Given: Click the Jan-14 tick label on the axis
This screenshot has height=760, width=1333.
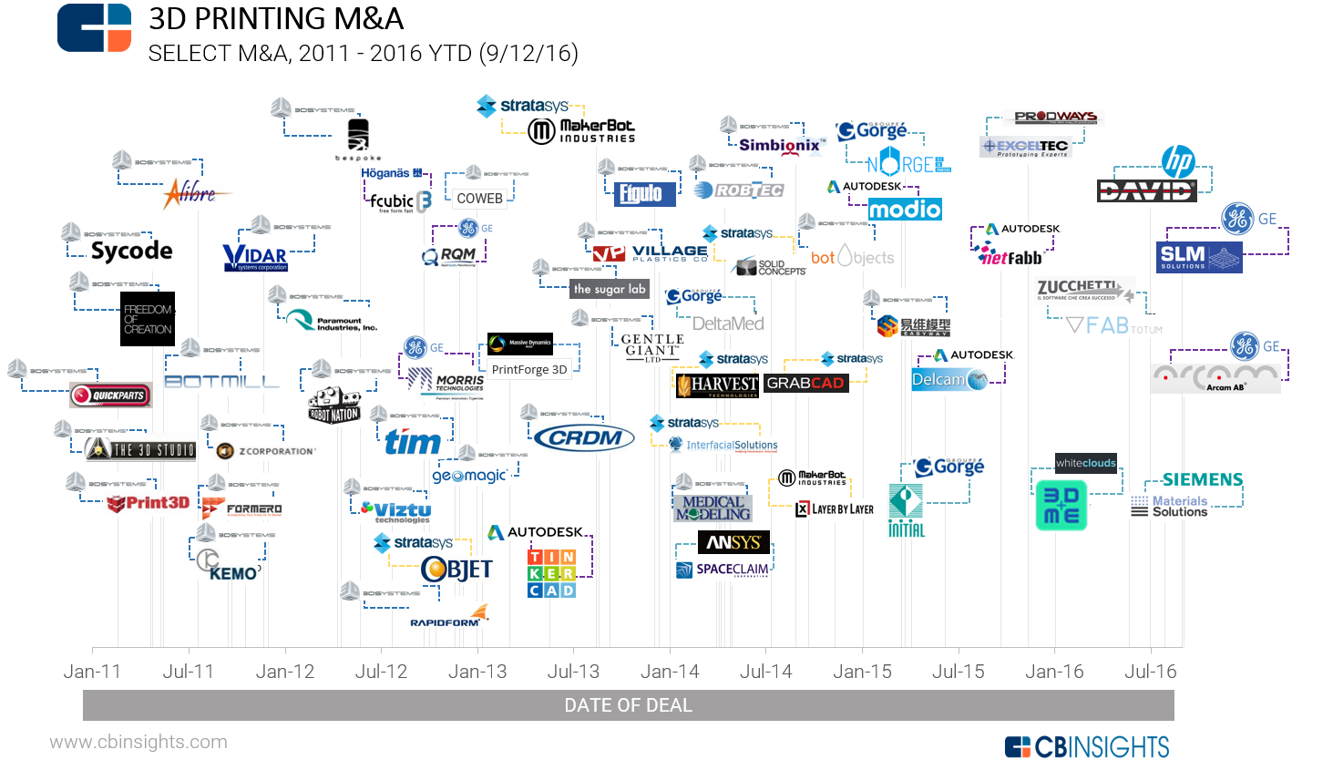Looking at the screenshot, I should [x=670, y=672].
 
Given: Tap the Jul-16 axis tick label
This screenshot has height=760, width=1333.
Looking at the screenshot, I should [x=1150, y=672].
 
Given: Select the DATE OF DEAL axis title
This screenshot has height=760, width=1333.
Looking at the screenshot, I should [x=629, y=705].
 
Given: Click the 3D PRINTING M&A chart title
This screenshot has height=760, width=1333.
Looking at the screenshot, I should [x=276, y=18].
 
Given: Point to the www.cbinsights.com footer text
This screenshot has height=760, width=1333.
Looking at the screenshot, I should [x=138, y=742].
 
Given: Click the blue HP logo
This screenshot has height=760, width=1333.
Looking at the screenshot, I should [x=1177, y=162].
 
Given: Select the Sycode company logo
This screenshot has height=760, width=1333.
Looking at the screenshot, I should [x=132, y=251].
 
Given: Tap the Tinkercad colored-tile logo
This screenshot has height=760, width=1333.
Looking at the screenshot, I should [x=552, y=573].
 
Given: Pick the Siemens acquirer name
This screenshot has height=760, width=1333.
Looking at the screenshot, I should [x=1203, y=479].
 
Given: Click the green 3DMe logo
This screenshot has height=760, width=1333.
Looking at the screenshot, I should [x=1061, y=506].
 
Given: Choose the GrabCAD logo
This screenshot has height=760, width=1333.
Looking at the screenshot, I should [x=805, y=383].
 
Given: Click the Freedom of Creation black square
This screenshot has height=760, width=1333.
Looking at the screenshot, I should [x=148, y=319].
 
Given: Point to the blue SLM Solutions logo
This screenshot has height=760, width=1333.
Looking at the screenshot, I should [x=1199, y=257].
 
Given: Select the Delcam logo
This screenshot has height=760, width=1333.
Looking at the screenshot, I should [x=948, y=380].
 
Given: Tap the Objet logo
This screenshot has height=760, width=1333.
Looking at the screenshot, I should [x=456, y=570].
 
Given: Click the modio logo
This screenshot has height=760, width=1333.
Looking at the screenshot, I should [x=905, y=210].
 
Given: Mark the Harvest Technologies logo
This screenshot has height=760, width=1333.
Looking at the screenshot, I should [x=718, y=385].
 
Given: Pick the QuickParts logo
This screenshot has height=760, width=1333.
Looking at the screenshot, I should [x=111, y=395].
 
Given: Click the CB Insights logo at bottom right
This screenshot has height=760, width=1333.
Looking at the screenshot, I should [x=1087, y=747].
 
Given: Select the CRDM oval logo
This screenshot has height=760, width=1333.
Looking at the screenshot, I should [x=584, y=438].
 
